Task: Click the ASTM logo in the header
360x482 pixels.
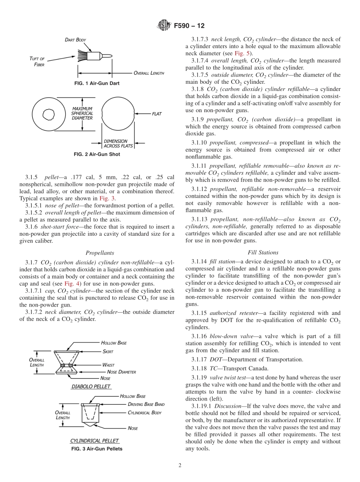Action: (x=164, y=26)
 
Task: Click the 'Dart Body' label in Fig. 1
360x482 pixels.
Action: (x=75, y=39)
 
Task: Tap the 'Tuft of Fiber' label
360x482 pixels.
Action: (x=37, y=61)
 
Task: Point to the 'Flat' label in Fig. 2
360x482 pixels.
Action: (x=157, y=113)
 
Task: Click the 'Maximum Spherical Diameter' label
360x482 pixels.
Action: (x=82, y=113)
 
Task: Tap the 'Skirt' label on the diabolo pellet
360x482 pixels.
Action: (x=108, y=351)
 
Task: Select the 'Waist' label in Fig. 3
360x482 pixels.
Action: (x=108, y=365)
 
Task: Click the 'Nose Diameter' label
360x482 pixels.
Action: (x=121, y=372)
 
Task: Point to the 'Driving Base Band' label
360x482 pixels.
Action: (x=146, y=404)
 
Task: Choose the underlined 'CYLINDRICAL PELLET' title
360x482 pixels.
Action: (x=95, y=441)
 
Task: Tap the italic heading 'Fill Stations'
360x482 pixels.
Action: (x=263, y=252)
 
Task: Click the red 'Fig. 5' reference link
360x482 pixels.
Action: (x=240, y=53)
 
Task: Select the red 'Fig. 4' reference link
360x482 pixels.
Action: (x=70, y=283)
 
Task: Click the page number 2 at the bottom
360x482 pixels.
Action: (x=180, y=465)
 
